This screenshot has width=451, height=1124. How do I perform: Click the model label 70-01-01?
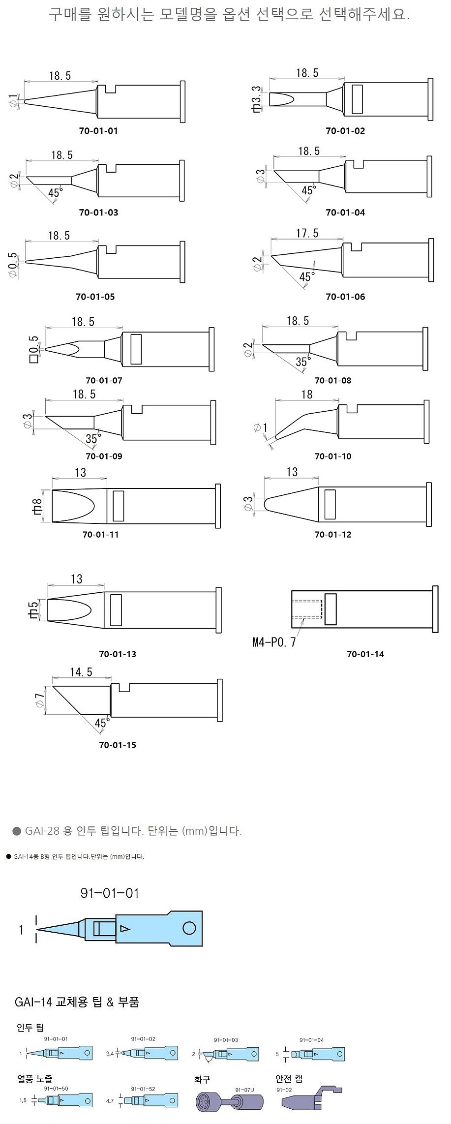coord(98,131)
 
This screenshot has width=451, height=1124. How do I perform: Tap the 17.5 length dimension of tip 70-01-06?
coord(307,233)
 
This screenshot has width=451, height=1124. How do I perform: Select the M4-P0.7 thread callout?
coord(274,642)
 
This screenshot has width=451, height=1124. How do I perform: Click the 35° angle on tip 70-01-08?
coord(303,362)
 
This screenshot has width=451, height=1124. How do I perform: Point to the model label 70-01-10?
coord(333,456)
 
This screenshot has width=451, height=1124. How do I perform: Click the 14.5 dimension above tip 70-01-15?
coord(81,672)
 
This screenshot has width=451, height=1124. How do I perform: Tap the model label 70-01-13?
coord(118,654)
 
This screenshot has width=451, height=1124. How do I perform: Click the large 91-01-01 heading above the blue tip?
coord(110,893)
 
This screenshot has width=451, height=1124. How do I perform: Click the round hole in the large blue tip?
coord(189,928)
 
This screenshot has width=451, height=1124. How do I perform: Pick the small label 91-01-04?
coord(311,1040)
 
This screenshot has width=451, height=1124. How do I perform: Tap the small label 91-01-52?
coord(143,1089)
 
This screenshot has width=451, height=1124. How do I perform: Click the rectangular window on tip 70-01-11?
coord(118,505)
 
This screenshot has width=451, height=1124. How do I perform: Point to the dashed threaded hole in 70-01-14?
coord(307,609)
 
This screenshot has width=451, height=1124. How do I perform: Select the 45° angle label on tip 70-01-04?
coord(308,190)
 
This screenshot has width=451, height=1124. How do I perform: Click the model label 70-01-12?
coord(333,534)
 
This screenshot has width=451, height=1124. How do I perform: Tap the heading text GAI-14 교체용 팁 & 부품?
coord(77,1002)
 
